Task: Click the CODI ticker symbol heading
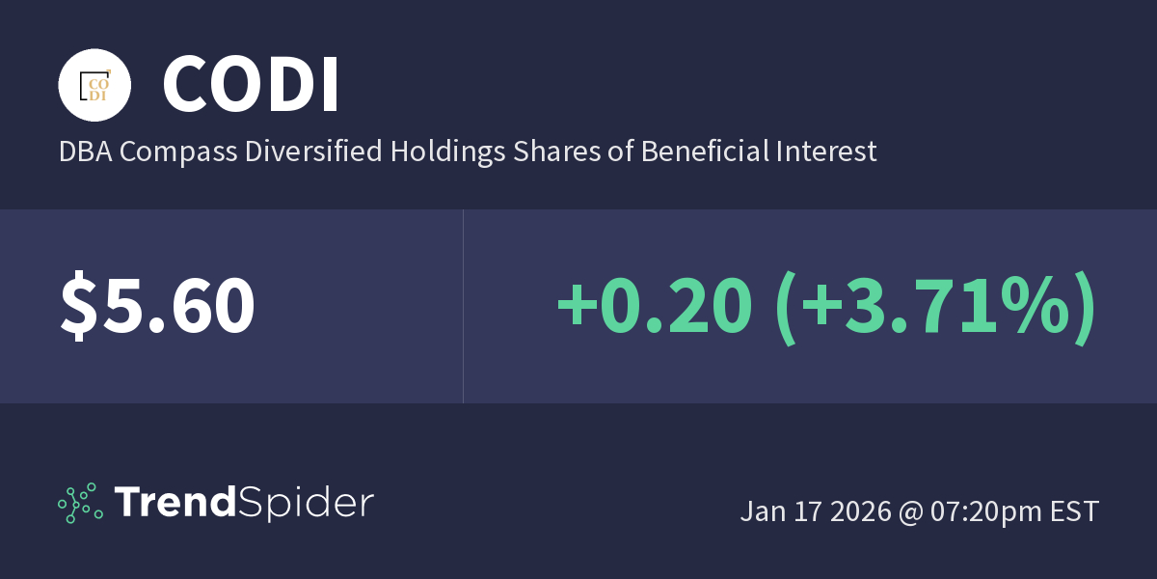click(251, 84)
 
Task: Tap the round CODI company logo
click(94, 84)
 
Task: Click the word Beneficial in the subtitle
click(702, 152)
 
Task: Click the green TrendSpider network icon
click(80, 503)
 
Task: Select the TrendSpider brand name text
click(244, 503)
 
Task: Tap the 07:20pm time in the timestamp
click(985, 511)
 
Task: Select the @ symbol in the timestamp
click(911, 511)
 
